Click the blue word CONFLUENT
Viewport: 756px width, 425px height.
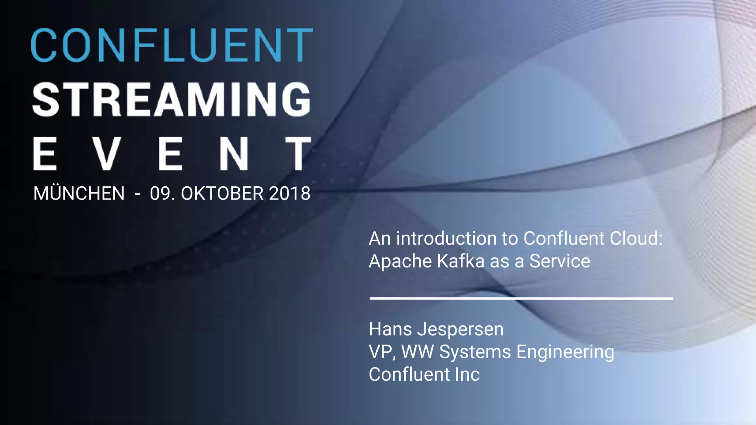click(172, 45)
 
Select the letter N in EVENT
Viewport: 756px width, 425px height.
click(234, 154)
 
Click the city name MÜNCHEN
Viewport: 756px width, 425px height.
click(79, 194)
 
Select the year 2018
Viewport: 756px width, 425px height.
click(290, 194)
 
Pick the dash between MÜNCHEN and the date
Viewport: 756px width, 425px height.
click(137, 194)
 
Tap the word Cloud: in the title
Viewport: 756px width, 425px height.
click(636, 238)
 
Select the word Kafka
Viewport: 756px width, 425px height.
click(461, 261)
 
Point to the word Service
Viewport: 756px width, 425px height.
click(560, 261)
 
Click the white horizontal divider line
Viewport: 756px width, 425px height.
click(521, 298)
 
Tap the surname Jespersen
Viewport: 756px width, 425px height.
click(460, 329)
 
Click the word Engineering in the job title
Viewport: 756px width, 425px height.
click(565, 352)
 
